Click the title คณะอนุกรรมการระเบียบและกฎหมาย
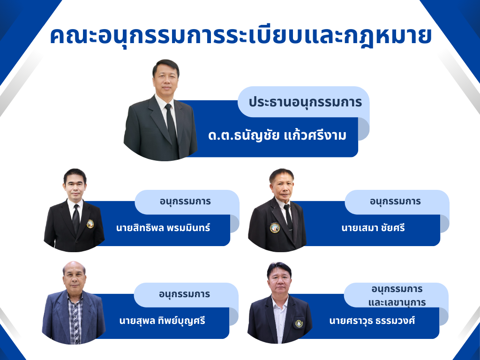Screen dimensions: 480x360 pos(241,37)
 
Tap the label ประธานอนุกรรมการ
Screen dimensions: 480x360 pos(305,102)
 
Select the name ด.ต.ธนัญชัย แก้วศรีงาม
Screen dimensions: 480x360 pos(277,135)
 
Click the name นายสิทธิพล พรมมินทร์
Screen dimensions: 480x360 pos(163,228)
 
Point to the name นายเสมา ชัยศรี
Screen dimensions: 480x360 pos(373,228)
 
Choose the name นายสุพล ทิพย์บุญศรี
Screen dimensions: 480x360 pos(162,321)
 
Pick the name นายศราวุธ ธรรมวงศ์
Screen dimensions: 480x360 pos(372,321)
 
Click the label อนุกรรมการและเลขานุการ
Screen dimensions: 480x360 pos(397,296)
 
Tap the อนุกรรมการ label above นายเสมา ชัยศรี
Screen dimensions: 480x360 pos(395,202)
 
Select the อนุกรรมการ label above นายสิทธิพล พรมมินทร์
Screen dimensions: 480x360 pos(185,202)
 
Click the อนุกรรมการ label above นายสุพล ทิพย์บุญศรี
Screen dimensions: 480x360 pos(184,294)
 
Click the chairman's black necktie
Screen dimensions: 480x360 pos(172,128)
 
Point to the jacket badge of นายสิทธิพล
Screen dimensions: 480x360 pos(90,224)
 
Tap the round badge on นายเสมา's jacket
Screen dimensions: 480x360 pos(275,228)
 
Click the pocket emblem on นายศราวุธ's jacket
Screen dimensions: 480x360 pos(299,323)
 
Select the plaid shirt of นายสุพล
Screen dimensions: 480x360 pos(75,318)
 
